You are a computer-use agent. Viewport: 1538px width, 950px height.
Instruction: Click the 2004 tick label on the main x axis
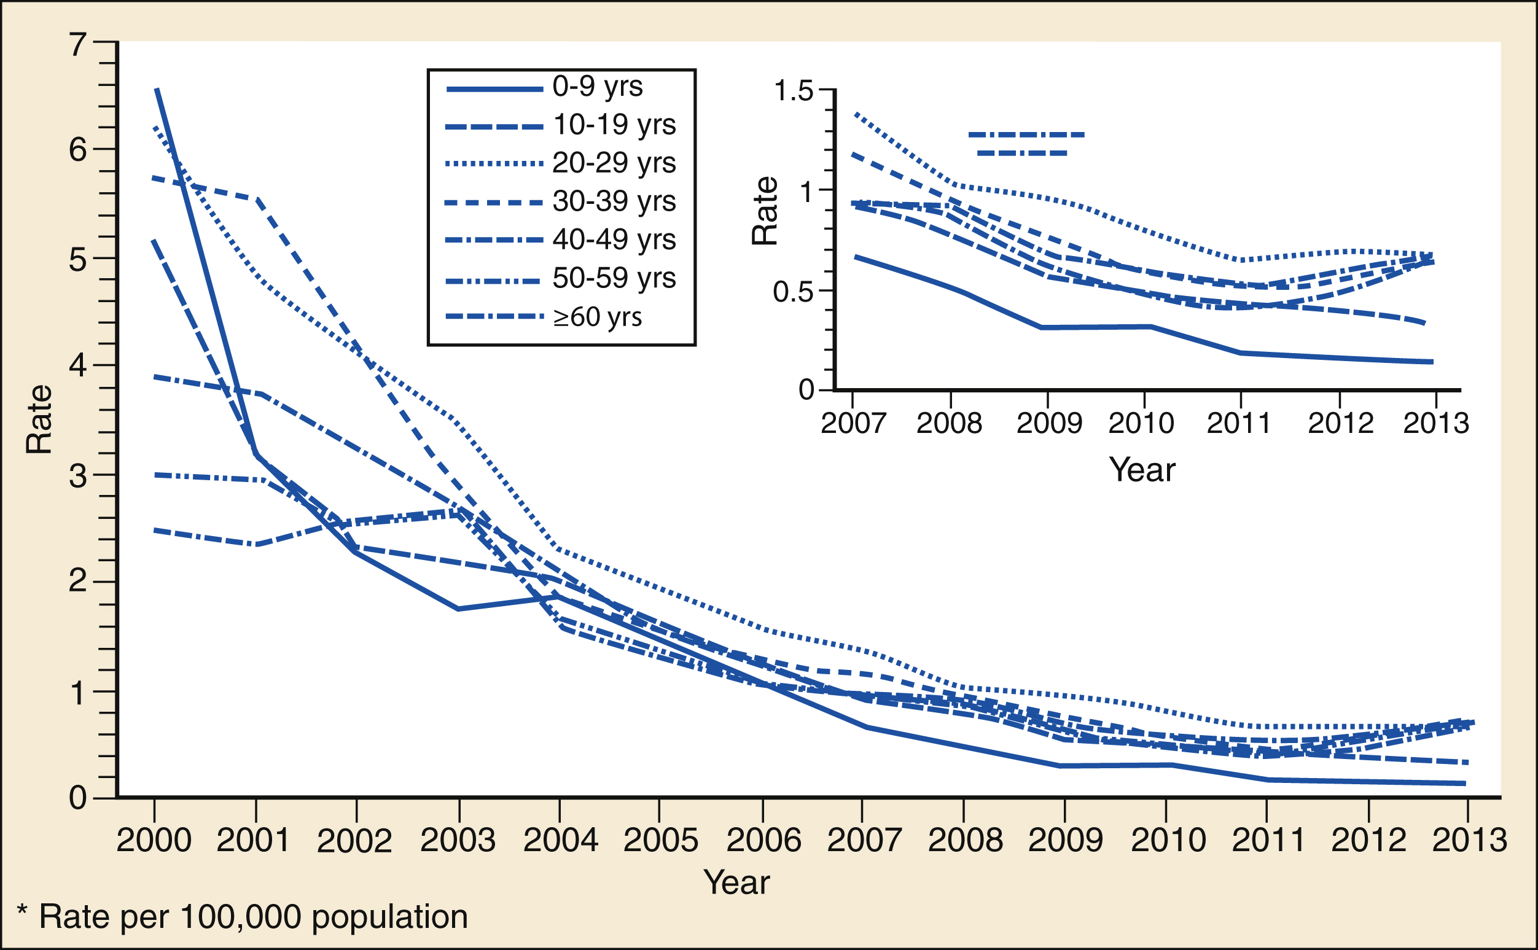point(560,841)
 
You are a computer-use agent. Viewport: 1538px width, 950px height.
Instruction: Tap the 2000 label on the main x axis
point(154,841)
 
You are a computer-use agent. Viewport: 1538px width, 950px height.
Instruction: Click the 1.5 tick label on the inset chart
point(794,90)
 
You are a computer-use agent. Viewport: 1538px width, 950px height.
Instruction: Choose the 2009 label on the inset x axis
point(1049,424)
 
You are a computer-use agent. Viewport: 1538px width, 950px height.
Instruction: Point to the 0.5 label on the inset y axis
point(794,292)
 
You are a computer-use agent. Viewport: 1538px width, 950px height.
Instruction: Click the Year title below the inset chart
point(1142,469)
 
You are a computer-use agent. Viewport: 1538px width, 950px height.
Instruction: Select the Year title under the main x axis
point(736,882)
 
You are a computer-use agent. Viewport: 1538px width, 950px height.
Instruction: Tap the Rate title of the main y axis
point(39,419)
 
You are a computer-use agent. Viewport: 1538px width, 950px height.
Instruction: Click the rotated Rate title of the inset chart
point(765,211)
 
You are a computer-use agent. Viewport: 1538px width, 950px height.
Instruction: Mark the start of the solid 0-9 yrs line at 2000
point(157,90)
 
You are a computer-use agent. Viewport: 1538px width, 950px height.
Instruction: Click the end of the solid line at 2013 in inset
point(1432,362)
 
